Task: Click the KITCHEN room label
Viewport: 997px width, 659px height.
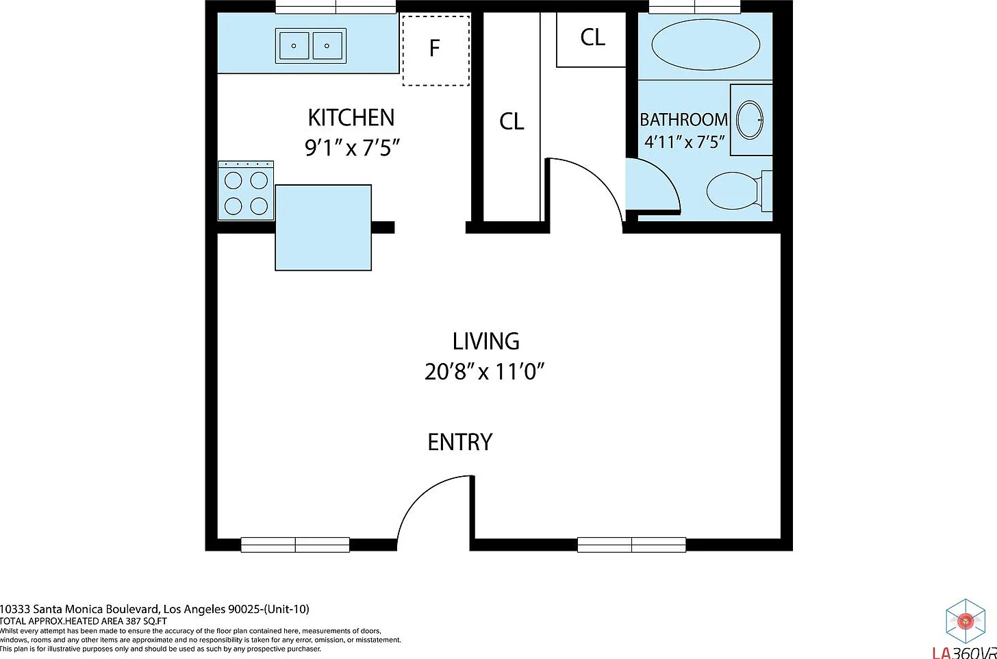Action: click(x=351, y=118)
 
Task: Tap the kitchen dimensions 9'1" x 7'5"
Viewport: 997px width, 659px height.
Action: click(x=352, y=147)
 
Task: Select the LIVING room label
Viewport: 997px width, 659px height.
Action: click(x=485, y=342)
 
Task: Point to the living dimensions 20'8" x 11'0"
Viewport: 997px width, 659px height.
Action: click(x=485, y=372)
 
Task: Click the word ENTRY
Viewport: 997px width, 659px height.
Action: click(x=459, y=442)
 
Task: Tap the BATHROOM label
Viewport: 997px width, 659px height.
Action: click(x=683, y=119)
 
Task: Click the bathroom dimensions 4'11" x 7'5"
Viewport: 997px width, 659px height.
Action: click(x=685, y=142)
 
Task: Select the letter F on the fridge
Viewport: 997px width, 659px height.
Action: click(x=434, y=48)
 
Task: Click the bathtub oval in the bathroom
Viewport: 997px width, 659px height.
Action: click(x=705, y=45)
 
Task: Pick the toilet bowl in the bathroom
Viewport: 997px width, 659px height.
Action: click(x=733, y=190)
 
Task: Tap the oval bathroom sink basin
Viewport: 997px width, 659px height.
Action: click(x=750, y=121)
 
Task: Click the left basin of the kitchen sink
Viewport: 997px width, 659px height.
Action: click(x=293, y=46)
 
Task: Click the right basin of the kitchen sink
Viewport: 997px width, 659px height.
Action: click(x=327, y=46)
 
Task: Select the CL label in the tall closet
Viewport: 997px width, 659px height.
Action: click(x=512, y=121)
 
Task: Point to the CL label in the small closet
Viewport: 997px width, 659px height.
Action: click(x=592, y=38)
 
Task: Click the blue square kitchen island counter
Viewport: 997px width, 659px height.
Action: click(x=323, y=227)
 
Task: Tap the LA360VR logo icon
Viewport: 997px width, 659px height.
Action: click(x=966, y=621)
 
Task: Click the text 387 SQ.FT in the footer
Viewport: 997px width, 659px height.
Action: click(x=147, y=621)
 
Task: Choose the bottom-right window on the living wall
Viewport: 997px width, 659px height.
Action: click(x=631, y=545)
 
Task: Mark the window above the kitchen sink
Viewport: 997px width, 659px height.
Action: click(x=336, y=7)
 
